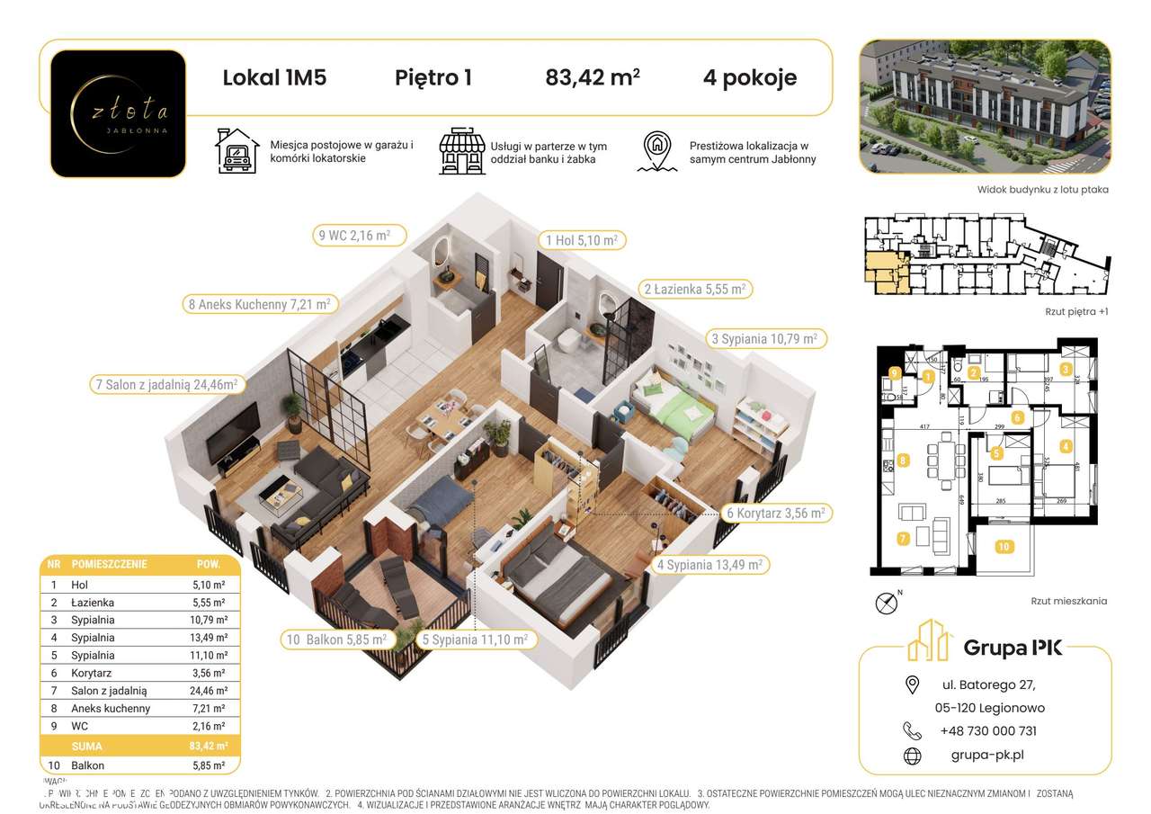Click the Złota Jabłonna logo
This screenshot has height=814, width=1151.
[x=118, y=113]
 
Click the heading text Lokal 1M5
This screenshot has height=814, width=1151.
[x=274, y=78]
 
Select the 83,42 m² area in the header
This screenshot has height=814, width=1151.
[x=593, y=78]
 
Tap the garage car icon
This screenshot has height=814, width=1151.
[x=236, y=150]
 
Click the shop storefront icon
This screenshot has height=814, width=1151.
[x=460, y=151]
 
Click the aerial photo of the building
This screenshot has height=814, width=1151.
[x=985, y=107]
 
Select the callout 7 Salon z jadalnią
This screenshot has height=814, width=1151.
[x=165, y=385]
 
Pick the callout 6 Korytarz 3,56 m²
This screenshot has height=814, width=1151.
[x=774, y=513]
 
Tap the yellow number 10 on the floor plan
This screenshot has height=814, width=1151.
[x=1004, y=546]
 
